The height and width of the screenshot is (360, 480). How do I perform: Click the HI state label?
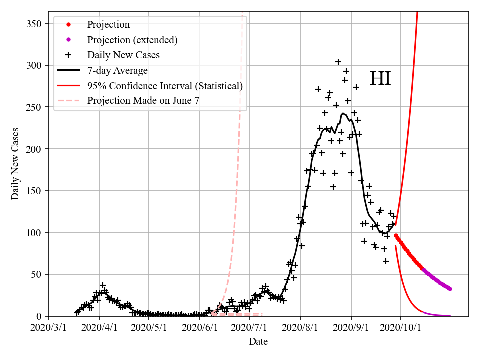[380, 79]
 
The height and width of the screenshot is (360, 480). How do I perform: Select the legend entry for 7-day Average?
[117, 70]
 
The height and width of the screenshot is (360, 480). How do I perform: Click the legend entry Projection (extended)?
[132, 40]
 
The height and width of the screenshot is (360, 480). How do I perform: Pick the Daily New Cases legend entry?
[123, 55]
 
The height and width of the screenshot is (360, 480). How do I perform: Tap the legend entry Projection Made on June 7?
[143, 100]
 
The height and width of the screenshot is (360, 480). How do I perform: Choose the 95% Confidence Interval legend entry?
[165, 86]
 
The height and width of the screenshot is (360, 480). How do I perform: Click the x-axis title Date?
[258, 342]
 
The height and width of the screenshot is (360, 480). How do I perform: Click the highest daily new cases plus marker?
[338, 62]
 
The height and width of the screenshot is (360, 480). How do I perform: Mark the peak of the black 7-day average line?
[343, 113]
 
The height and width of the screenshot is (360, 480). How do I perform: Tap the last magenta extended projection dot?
[450, 289]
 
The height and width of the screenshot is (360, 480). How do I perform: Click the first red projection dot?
[396, 235]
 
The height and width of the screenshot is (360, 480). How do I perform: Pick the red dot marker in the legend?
[69, 24]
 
